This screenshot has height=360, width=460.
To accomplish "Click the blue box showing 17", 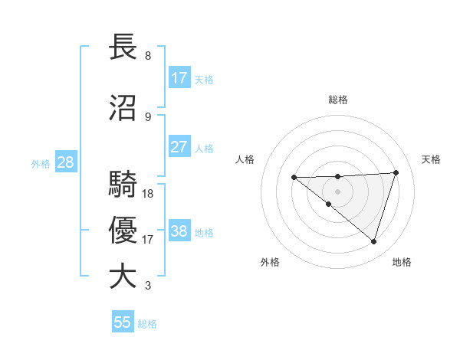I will [179, 78].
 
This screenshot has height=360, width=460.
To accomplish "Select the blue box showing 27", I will [179, 148].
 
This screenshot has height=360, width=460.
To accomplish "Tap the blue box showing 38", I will [179, 231].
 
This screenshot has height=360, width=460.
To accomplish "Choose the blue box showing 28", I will [65, 162].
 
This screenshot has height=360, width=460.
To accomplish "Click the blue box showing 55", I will [123, 322].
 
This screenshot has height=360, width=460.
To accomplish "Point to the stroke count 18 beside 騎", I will [148, 194].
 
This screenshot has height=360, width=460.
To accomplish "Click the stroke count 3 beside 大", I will [148, 286].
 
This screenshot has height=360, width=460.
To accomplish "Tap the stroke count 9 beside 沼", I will [148, 117].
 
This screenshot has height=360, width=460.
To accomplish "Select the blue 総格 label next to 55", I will [147, 324].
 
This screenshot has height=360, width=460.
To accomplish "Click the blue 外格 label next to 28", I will [41, 164].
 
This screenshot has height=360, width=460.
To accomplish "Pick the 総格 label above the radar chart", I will [338, 100].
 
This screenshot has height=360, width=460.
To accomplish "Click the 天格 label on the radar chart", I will [432, 159].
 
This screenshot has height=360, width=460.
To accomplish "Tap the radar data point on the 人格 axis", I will [294, 178].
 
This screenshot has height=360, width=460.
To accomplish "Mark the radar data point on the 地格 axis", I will [373, 241].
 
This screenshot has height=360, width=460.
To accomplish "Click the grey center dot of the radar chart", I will [337, 191].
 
